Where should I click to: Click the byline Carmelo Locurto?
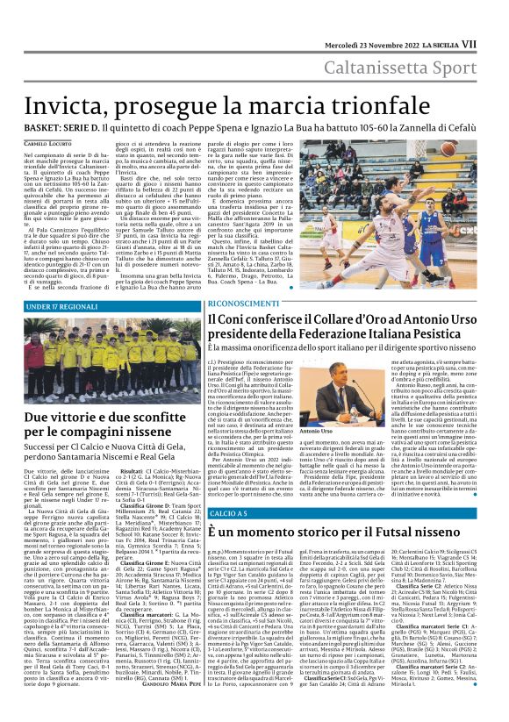tap(45, 142)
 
